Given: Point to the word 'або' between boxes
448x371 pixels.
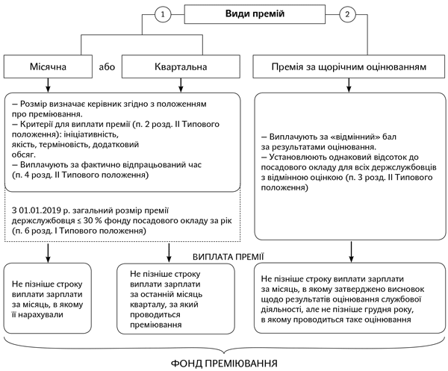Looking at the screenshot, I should click(x=106, y=67).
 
